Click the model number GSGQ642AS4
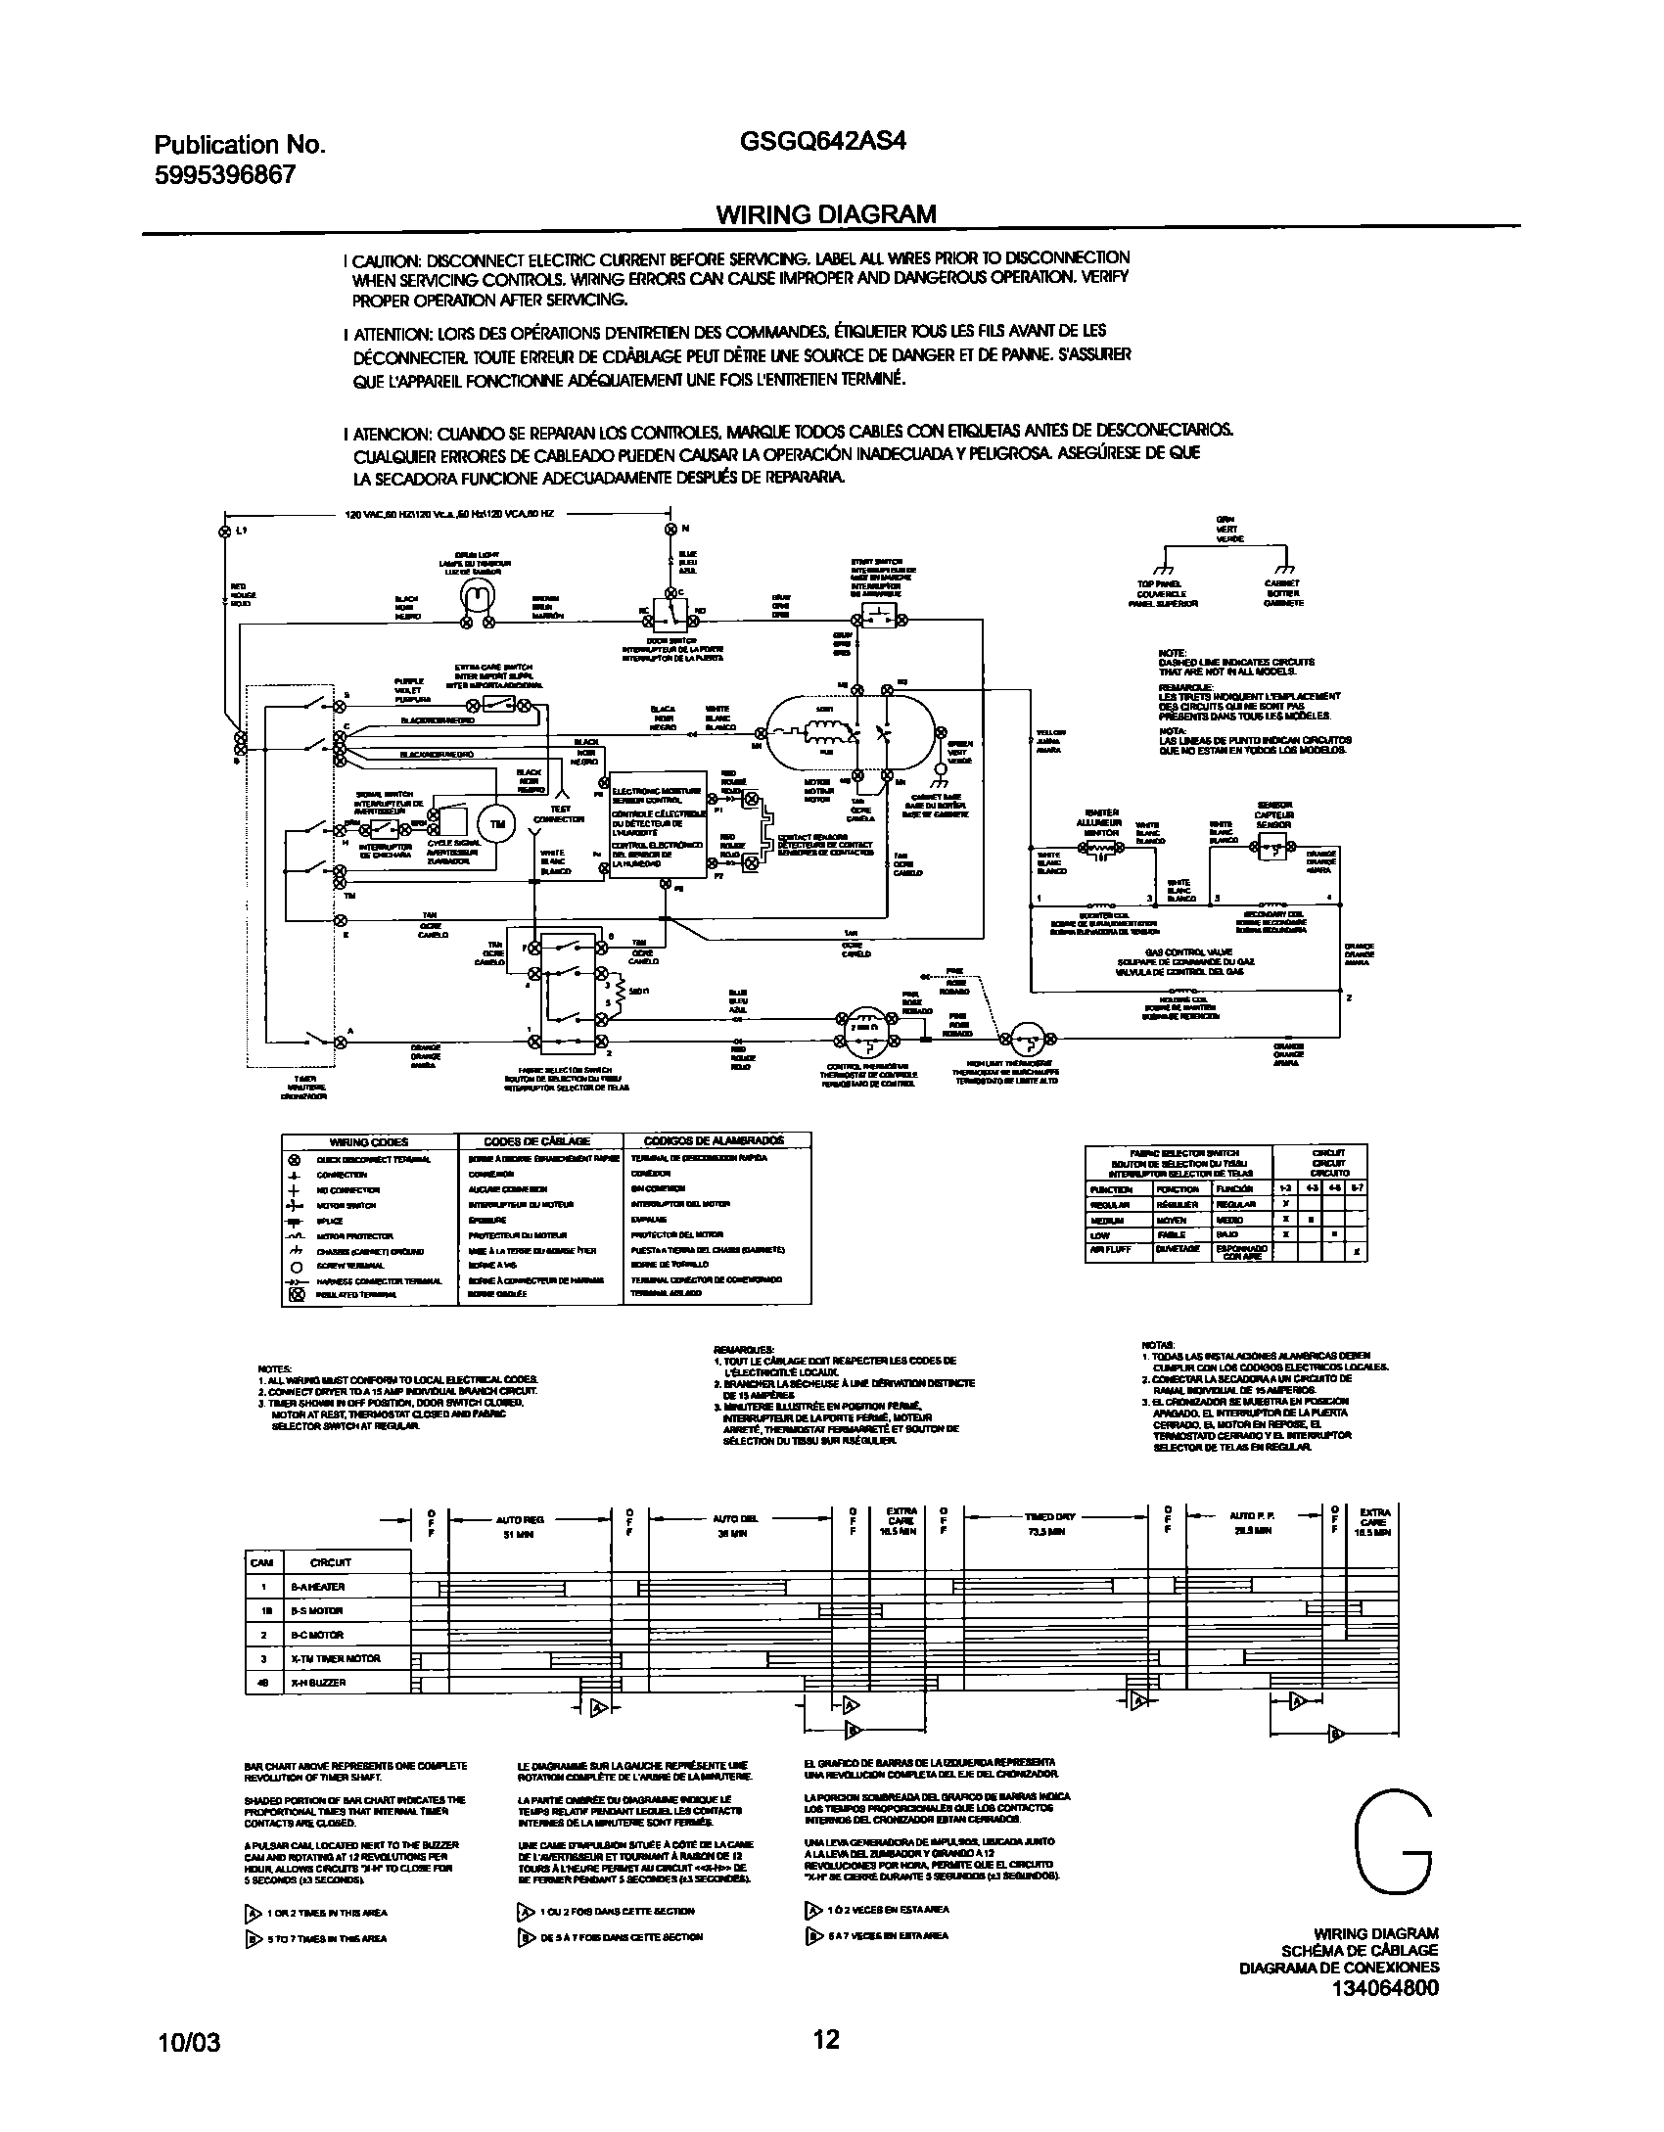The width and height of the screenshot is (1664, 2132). pos(824,141)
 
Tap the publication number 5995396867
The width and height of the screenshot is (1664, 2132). pos(225,174)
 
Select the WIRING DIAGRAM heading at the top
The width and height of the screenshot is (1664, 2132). pos(826,213)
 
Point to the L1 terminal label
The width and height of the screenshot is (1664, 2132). pos(241,531)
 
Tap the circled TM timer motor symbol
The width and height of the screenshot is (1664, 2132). pos(498,823)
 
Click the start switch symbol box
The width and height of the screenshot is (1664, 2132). pos(876,619)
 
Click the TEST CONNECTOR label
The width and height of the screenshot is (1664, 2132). pos(559,814)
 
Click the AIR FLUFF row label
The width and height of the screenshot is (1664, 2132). pos(1111,1250)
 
